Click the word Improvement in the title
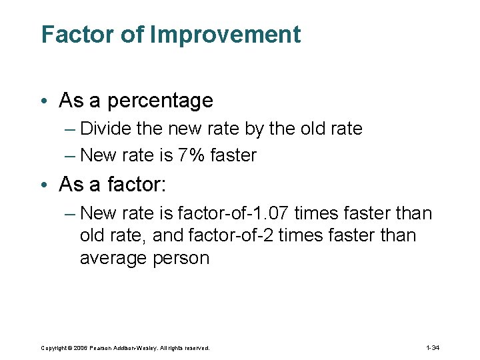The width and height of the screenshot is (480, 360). pos(225,35)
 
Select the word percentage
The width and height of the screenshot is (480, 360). pos(160,101)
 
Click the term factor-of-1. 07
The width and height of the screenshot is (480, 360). pos(233,213)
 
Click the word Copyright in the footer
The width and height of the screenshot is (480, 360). pos(54,348)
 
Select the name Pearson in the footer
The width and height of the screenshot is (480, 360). pos(103,348)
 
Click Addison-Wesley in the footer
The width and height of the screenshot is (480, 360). pos(138,348)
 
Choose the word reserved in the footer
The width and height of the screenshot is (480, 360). pos(198,348)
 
